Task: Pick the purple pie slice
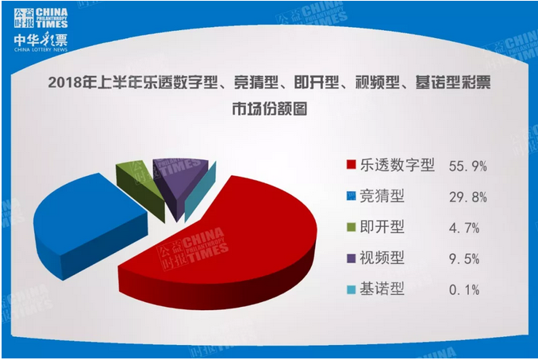(x=180, y=182)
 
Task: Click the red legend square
(x=351, y=165)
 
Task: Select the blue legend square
(x=351, y=196)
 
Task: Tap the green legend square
(x=351, y=227)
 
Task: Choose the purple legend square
(x=351, y=259)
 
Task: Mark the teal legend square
(x=351, y=289)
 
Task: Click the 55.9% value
(x=468, y=167)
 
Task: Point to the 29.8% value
(x=468, y=197)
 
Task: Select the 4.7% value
(x=464, y=228)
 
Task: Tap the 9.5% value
(x=464, y=259)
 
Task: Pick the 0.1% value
(x=464, y=290)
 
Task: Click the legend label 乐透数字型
(x=398, y=165)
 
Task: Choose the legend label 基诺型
(x=382, y=289)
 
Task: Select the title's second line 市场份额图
(x=269, y=109)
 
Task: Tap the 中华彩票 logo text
(x=40, y=40)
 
